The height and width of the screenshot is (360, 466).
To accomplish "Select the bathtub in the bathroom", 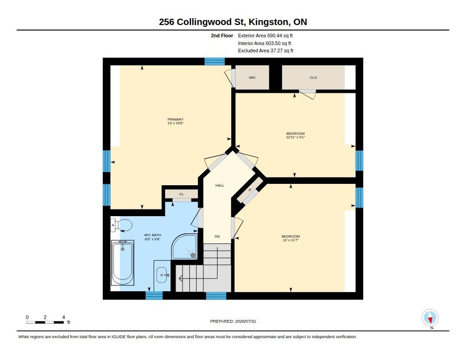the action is (x=122, y=263).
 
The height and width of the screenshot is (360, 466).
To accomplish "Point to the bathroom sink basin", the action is (x=162, y=275).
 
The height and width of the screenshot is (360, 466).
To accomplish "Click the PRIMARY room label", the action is (x=175, y=120).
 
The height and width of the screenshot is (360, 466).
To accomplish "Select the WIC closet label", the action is (x=252, y=77).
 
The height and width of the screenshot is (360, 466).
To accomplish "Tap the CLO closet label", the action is (x=313, y=77).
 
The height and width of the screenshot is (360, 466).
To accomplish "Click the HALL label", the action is (x=220, y=186).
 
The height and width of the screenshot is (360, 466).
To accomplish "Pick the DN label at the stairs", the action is (x=217, y=237).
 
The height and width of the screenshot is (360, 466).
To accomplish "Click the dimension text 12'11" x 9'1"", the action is (x=295, y=137).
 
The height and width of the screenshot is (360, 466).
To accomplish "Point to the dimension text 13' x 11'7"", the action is (x=291, y=240).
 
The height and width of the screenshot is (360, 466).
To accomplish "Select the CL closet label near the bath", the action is (x=181, y=194).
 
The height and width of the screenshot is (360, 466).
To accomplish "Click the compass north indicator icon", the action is (x=430, y=318).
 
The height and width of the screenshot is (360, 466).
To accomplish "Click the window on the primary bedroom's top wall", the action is (x=215, y=61).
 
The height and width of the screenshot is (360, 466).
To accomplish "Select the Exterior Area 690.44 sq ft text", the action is (x=265, y=35).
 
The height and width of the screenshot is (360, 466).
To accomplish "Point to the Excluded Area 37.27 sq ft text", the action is (x=266, y=51).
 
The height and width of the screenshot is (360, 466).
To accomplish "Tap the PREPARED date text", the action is (x=233, y=321).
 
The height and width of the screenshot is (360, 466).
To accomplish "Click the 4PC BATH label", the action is (x=152, y=235).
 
